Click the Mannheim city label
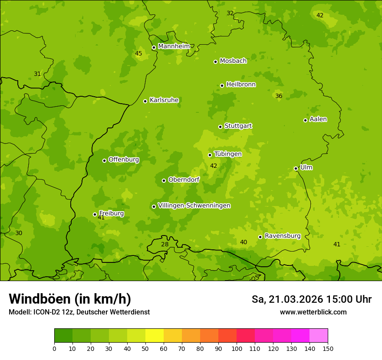click(x=174, y=46)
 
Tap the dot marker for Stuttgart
click(x=220, y=127)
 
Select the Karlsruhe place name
click(x=164, y=100)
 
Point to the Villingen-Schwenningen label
click(x=194, y=206)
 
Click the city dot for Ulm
click(x=296, y=168)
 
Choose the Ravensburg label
click(x=282, y=236)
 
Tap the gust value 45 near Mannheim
click(x=138, y=54)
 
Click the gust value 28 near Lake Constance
click(x=165, y=245)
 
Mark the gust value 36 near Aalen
click(x=279, y=96)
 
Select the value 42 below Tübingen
click(x=214, y=166)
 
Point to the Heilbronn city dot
click(x=222, y=85)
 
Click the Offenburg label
click(x=123, y=160)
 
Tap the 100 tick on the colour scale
click(x=237, y=348)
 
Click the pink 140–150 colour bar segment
click(x=319, y=336)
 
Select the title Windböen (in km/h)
click(x=70, y=299)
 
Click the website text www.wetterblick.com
click(x=313, y=312)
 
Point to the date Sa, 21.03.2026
click(x=287, y=299)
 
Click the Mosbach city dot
click(x=215, y=62)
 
